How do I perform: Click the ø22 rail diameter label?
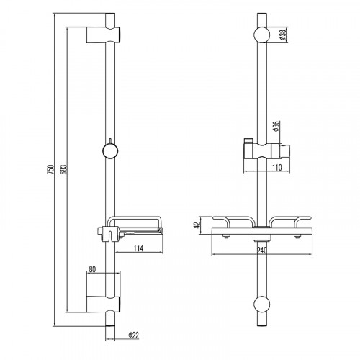click(134, 336)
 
